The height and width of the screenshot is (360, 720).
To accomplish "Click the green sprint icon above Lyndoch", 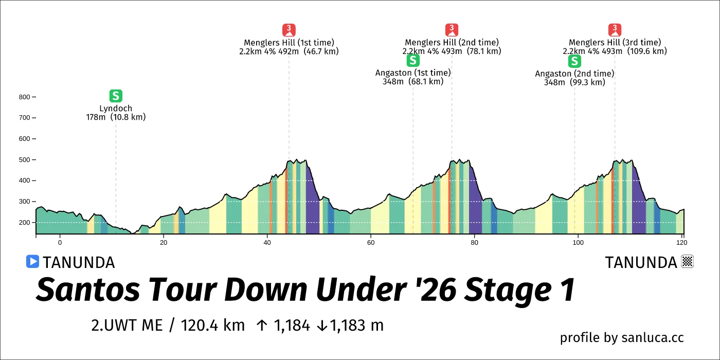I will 116,96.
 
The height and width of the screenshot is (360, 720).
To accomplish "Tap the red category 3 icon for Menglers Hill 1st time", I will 289,30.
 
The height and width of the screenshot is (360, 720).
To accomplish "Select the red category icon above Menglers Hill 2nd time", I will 452,30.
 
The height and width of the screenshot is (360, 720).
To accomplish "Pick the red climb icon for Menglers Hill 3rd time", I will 615,30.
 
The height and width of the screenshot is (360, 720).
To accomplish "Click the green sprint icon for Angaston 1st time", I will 413,61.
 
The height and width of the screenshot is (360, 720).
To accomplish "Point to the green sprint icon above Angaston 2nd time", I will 574,62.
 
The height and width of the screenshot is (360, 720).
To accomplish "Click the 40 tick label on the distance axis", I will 267,242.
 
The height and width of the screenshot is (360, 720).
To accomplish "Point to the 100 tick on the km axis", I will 578,242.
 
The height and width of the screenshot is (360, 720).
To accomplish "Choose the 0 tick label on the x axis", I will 60,242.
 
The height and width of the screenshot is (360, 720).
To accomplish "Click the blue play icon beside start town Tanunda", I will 32,262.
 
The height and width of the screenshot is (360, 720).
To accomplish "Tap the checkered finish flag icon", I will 688,262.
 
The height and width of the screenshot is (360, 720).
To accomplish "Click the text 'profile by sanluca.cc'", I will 622,338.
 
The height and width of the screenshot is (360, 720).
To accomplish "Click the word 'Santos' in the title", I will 87,290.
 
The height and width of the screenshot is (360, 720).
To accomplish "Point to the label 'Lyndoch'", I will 116,109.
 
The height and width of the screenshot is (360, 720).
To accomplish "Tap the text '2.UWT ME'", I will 127,326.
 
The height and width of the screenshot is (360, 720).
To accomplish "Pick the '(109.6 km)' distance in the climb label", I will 647,51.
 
